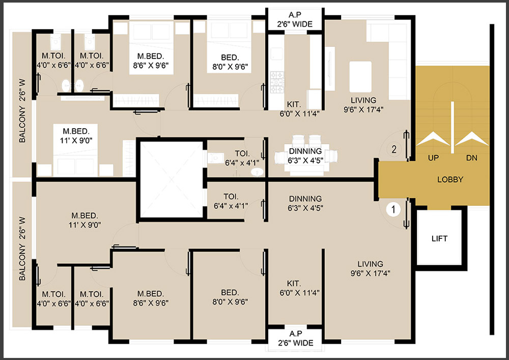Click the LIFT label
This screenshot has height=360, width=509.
tap(440, 239)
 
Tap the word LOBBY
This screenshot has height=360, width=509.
tap(450, 180)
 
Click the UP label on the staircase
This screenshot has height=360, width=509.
tap(433, 158)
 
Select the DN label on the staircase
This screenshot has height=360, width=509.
tap(472, 158)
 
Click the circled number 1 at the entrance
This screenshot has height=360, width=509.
tap(393, 209)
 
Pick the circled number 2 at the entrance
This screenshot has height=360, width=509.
tap(394, 149)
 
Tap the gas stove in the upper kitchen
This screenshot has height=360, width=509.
tap(277, 82)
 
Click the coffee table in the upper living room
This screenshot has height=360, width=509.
tap(360, 76)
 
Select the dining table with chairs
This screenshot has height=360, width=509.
tap(305, 155)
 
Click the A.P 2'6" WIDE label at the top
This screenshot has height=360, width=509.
tap(295, 19)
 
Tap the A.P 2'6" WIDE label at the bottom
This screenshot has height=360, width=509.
tap(295, 338)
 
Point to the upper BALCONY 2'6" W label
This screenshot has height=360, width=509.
tap(22, 110)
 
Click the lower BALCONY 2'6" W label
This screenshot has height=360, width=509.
tap(22, 248)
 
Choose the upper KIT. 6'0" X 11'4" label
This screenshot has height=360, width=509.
tap(299, 109)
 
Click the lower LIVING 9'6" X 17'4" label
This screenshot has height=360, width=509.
tap(370, 268)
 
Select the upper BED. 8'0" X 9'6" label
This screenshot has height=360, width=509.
tap(230, 62)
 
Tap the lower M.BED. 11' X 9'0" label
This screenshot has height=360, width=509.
tap(84, 220)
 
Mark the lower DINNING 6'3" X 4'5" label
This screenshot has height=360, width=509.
tap(305, 203)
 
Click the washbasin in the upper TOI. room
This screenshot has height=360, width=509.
tap(258, 172)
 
